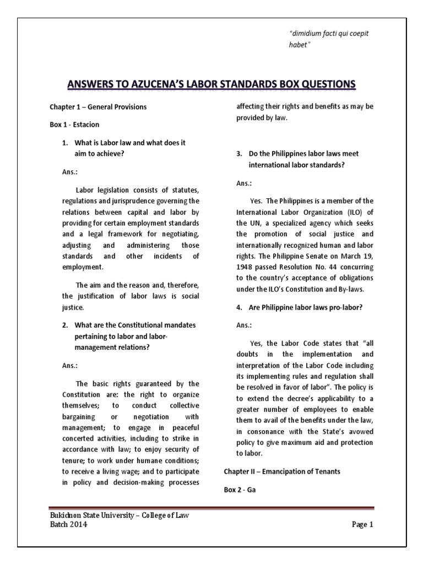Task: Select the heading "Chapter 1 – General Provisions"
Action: (98, 107)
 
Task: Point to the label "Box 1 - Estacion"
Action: (75, 124)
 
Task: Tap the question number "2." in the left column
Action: (65, 325)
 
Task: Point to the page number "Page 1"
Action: (362, 525)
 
